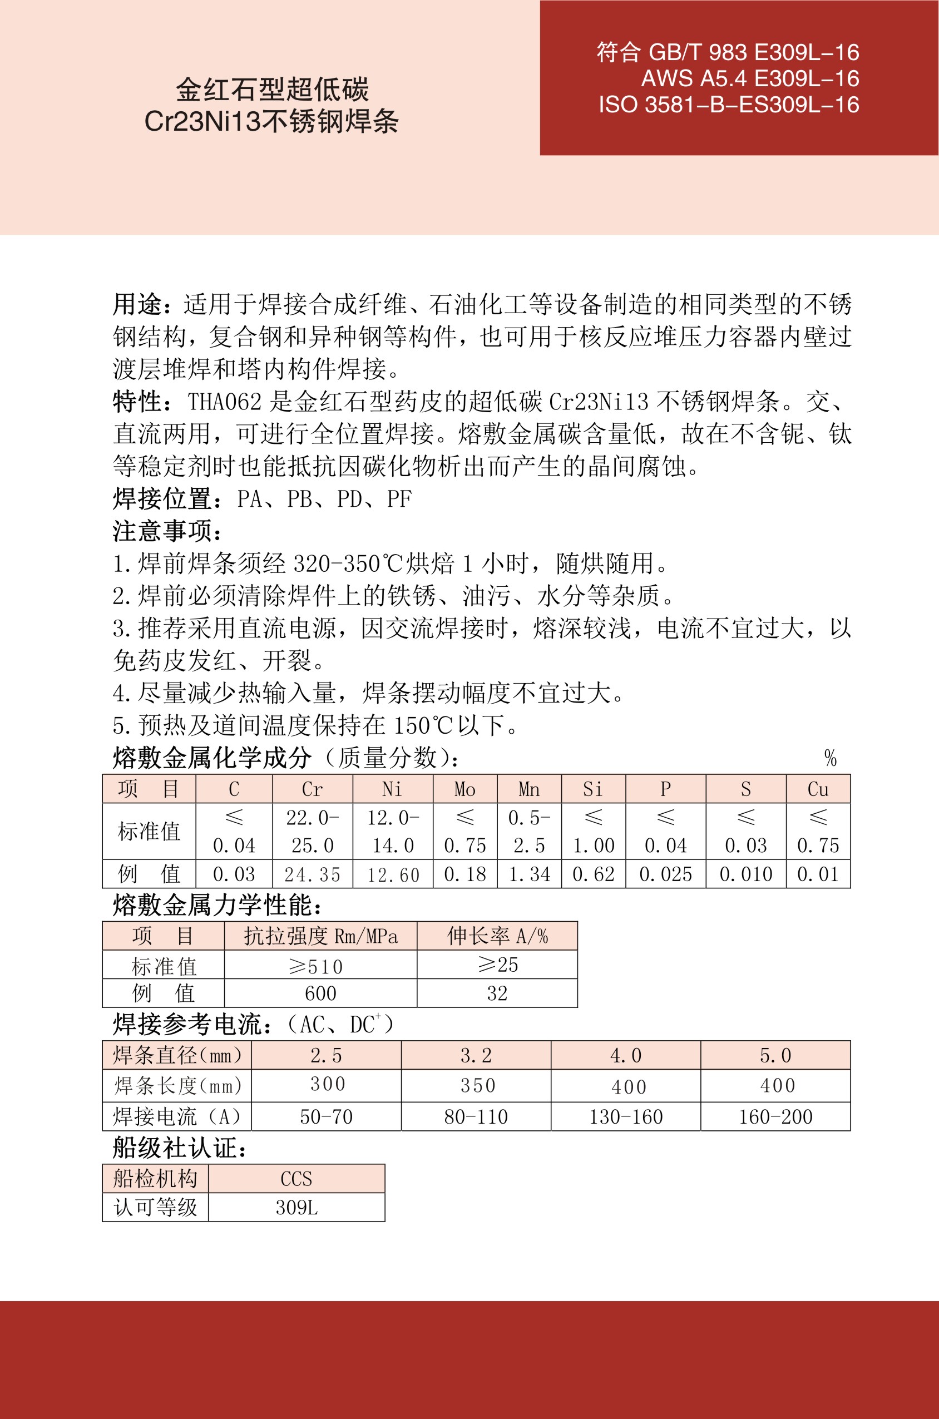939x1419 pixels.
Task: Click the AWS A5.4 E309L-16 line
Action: pyautogui.click(x=750, y=78)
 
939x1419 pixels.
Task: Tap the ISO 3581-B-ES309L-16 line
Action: pyautogui.click(x=729, y=105)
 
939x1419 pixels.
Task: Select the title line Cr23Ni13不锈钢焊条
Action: pyautogui.click(x=271, y=122)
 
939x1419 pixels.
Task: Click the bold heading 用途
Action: pyautogui.click(x=138, y=304)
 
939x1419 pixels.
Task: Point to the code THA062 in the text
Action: pyautogui.click(x=225, y=402)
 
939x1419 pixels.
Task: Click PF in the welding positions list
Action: pyautogui.click(x=399, y=499)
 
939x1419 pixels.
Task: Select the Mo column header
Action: pyautogui.click(x=464, y=789)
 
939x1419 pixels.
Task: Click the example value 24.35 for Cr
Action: pyautogui.click(x=312, y=875)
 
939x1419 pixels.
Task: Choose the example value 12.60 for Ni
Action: pyautogui.click(x=393, y=875)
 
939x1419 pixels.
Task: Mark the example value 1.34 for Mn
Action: pyautogui.click(x=529, y=874)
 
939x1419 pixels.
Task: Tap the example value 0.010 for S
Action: pyautogui.click(x=745, y=874)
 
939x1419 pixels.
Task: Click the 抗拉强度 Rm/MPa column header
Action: pyautogui.click(x=320, y=936)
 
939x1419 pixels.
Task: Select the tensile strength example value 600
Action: pyautogui.click(x=320, y=993)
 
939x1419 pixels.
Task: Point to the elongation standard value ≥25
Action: pyautogui.click(x=497, y=965)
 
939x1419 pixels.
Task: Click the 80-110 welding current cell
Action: pyautogui.click(x=476, y=1116)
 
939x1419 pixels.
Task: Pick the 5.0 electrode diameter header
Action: pyautogui.click(x=775, y=1056)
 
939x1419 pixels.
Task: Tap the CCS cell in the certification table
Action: pyautogui.click(x=296, y=1179)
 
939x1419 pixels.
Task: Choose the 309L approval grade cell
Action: pyautogui.click(x=296, y=1207)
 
